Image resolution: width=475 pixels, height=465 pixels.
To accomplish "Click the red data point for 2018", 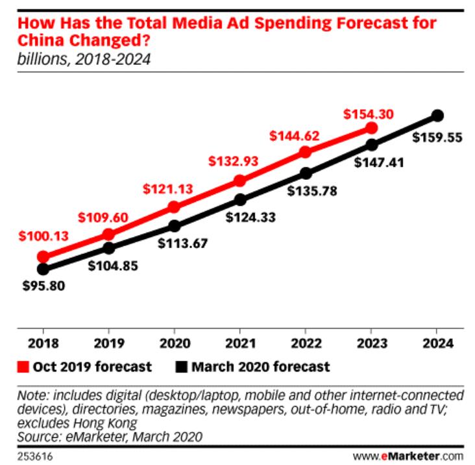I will tap(43, 257).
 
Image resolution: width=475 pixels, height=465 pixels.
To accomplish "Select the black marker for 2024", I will tap(437, 116).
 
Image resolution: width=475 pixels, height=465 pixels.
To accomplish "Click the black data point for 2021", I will tap(240, 199).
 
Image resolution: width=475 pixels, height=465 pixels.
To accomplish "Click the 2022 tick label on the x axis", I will tap(306, 342).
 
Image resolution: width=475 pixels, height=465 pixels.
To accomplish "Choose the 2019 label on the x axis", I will tap(109, 342).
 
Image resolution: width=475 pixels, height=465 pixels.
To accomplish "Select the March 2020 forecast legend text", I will tap(260, 367).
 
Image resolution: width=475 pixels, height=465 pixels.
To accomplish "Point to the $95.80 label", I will tap(43, 284).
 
